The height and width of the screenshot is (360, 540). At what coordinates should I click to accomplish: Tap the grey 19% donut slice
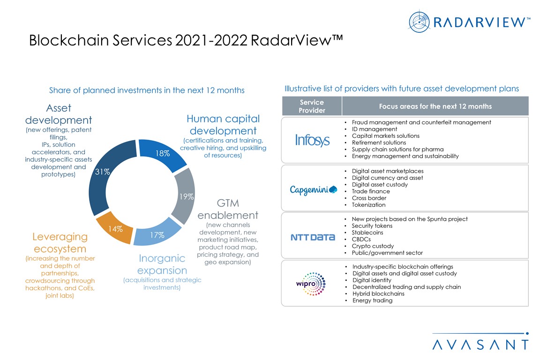(x=184, y=195)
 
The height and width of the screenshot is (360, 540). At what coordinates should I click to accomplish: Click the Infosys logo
(x=312, y=140)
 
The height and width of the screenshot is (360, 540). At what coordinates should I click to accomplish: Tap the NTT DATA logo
(x=313, y=237)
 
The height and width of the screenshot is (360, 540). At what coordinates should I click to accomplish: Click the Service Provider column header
(x=312, y=106)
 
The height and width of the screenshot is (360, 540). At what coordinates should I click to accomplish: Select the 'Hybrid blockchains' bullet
(x=378, y=294)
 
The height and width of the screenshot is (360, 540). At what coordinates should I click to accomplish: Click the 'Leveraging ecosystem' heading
(x=60, y=243)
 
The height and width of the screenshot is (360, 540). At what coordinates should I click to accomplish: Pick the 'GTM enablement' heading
(x=228, y=210)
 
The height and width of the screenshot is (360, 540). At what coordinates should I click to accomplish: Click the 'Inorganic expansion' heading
(x=162, y=265)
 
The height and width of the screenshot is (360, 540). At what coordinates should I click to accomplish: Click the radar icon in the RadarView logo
(x=419, y=21)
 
